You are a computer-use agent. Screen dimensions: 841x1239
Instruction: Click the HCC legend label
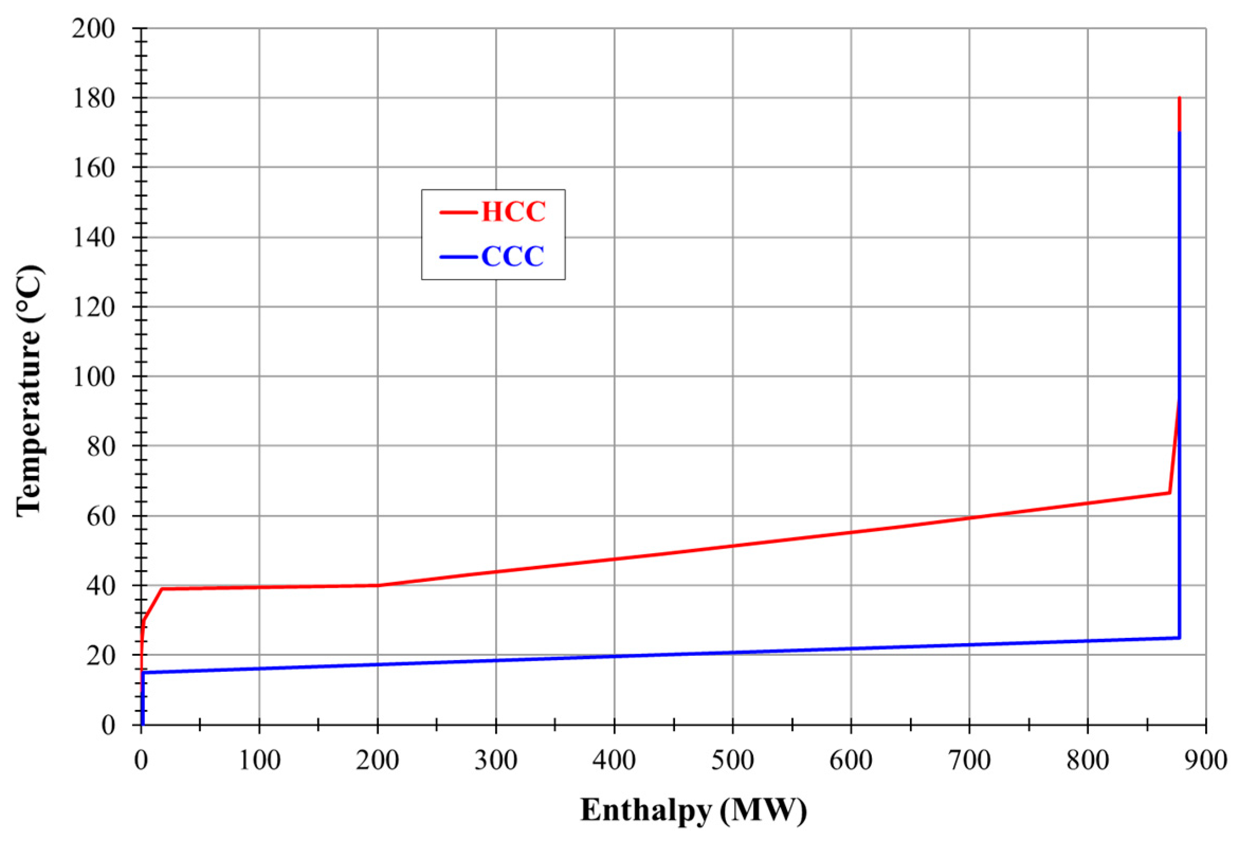(x=513, y=212)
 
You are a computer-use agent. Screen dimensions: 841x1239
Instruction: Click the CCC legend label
(x=512, y=257)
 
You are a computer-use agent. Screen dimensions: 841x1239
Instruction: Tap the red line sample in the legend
(x=458, y=213)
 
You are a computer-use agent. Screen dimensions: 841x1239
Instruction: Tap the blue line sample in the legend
(x=458, y=258)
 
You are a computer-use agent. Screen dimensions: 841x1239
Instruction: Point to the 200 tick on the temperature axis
(x=93, y=28)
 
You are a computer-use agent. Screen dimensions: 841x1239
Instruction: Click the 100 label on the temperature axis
(x=93, y=377)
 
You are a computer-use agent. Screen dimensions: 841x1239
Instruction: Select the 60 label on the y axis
(x=100, y=516)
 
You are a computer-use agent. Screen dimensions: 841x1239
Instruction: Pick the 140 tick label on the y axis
(x=93, y=237)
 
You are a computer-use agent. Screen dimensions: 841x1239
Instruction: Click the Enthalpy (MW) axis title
(x=693, y=811)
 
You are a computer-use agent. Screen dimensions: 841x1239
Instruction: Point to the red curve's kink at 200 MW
(x=377, y=585)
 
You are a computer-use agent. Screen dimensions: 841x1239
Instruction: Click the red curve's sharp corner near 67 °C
(x=1169, y=492)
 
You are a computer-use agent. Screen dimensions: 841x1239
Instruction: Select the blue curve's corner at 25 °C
(x=1179, y=637)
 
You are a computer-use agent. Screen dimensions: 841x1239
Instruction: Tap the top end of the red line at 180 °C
(x=1179, y=98)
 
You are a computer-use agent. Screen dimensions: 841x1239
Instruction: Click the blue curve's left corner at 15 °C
(x=143, y=673)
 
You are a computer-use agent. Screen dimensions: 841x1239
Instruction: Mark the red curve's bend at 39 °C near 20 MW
(x=161, y=589)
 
